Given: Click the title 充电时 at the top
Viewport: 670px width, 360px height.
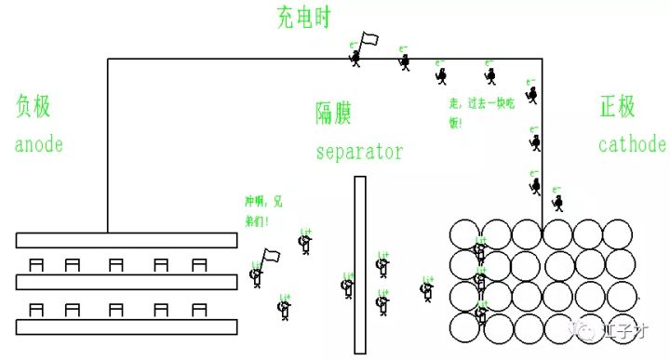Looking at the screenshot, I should pos(302,17).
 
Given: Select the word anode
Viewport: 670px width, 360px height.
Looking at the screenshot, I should pos(39,145).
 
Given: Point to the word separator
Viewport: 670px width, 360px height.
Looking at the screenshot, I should pos(358,151).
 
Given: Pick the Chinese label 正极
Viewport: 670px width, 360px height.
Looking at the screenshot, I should pos(618,107).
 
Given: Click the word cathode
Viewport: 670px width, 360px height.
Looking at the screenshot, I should pos(632,145).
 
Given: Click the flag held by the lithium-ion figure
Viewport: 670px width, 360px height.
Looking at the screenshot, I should pos(272,254).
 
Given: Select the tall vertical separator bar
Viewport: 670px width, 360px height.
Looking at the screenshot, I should pos(359,264).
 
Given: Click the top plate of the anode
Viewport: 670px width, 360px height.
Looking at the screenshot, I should pos(126,240).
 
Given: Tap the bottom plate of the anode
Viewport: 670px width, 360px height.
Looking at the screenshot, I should pos(126,327).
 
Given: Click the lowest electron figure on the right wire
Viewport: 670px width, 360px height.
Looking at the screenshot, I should pos(558,205).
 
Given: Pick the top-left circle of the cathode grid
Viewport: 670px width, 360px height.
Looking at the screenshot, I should pos(465,234).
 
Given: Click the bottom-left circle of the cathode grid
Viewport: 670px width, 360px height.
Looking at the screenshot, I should pos(465,327).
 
